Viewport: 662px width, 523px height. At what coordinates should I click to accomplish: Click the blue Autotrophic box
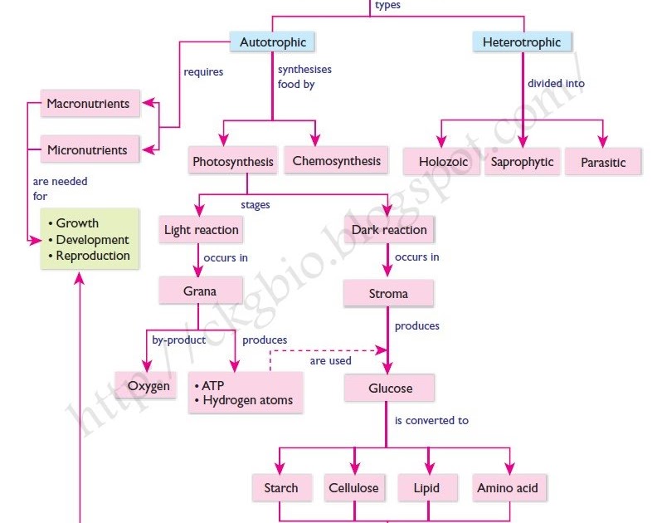(273, 42)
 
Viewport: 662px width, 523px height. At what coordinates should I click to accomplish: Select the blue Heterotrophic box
(522, 42)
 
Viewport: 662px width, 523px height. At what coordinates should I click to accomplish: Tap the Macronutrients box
(88, 105)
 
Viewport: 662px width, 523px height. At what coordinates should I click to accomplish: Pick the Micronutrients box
(87, 150)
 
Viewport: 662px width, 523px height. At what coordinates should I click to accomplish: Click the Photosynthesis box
(232, 162)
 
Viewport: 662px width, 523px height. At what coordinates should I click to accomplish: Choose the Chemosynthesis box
(336, 161)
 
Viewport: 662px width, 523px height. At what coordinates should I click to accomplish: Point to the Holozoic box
(442, 162)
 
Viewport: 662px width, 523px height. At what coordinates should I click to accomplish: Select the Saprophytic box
(522, 162)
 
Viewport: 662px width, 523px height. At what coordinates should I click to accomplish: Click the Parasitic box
(603, 162)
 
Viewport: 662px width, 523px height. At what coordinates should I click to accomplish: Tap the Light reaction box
(202, 230)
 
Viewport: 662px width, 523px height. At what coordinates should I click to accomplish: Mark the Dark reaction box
(389, 230)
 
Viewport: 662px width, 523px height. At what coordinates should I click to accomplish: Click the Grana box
(200, 291)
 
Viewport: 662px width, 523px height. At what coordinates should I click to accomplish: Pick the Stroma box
(389, 294)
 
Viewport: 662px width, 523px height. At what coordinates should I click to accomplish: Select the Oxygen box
(148, 386)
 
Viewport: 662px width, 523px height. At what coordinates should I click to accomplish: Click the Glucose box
(390, 388)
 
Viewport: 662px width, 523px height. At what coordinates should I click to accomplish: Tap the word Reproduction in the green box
(93, 256)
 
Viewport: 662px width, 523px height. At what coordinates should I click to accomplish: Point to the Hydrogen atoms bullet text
(247, 401)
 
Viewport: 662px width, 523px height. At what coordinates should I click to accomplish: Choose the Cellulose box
(353, 488)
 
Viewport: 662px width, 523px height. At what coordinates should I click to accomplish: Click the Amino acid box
(507, 488)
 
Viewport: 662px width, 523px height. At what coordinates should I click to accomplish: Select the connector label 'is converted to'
(431, 421)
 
